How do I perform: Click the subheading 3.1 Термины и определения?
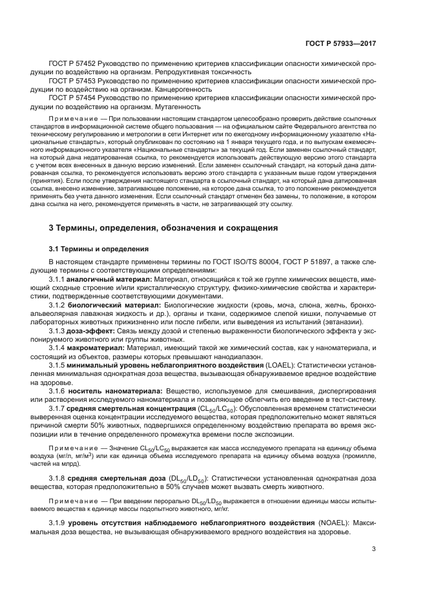click(x=99, y=249)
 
